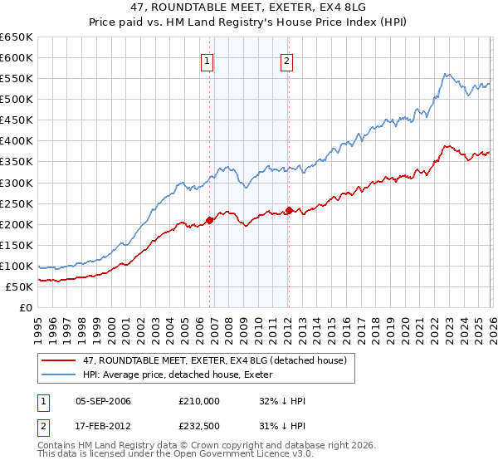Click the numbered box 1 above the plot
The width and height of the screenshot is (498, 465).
[x=206, y=60]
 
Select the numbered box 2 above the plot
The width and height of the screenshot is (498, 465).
[x=286, y=60]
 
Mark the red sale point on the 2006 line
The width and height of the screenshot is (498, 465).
[x=209, y=219]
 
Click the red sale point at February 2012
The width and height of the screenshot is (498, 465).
[x=289, y=210]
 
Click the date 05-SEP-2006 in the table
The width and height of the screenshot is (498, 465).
[x=103, y=401]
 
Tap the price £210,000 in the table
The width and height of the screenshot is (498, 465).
[x=198, y=401]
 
